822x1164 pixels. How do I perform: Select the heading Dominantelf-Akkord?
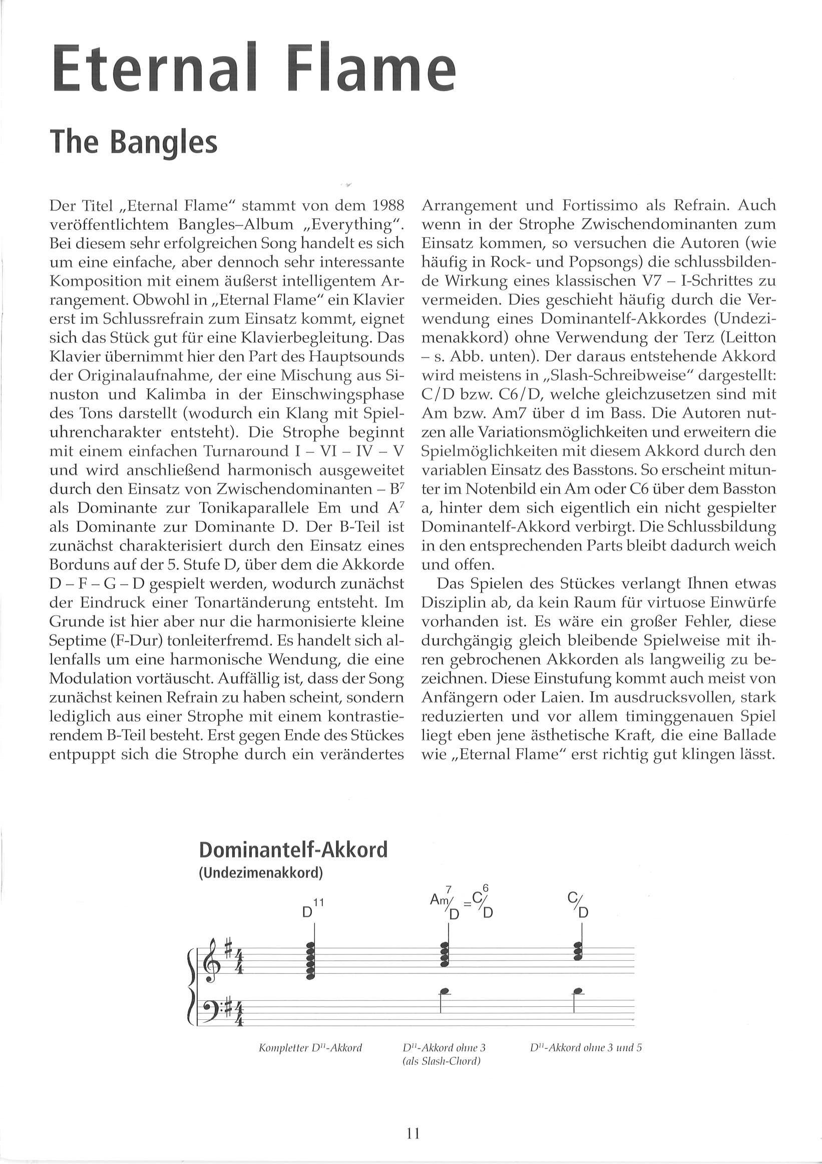pyautogui.click(x=292, y=849)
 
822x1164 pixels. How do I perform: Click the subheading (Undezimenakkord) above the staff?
pyautogui.click(x=261, y=874)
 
